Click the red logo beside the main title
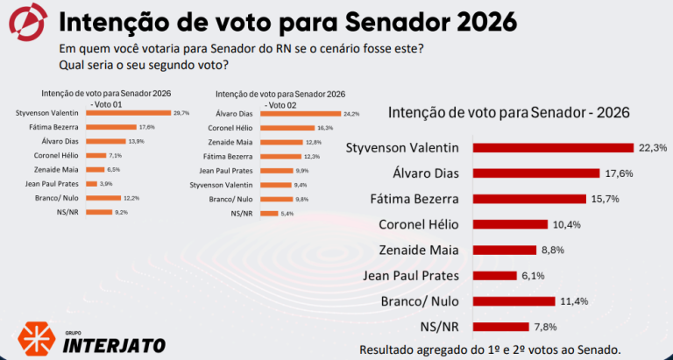click(27, 24)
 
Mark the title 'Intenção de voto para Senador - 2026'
click(508, 112)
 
